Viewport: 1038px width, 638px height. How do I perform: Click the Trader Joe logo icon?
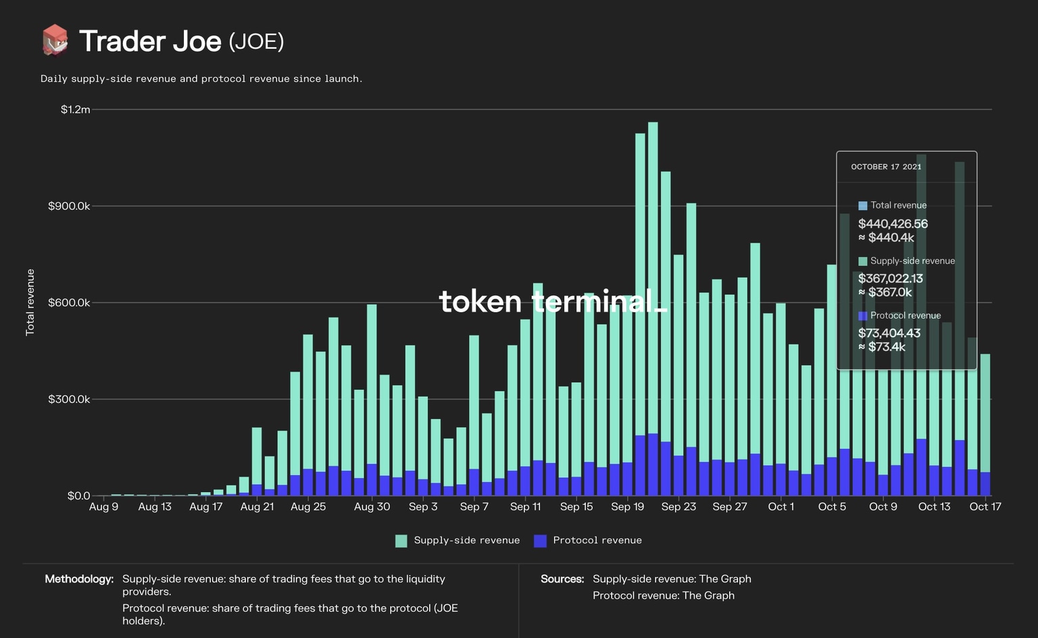coord(55,41)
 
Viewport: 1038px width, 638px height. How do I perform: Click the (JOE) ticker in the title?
coord(256,41)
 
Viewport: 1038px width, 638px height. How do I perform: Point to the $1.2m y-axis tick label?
coord(75,109)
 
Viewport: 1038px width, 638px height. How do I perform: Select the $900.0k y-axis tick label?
coord(69,206)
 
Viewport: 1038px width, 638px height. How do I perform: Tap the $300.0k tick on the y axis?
coord(69,399)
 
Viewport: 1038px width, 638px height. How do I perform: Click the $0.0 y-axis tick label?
coord(78,496)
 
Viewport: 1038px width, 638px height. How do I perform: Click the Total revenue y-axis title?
coord(30,302)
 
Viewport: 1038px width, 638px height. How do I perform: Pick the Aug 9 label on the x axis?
coord(103,507)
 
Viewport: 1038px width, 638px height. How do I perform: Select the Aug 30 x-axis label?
coord(372,507)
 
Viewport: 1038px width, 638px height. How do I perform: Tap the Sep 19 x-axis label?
coord(627,507)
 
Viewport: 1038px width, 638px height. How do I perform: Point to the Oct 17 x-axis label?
coord(985,507)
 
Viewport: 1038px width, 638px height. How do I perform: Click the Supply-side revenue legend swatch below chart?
coord(401,541)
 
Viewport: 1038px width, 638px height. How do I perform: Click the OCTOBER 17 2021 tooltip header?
coord(886,167)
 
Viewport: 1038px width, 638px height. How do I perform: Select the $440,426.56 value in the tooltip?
coord(893,224)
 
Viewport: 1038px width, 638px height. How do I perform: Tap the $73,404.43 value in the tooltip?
coord(889,333)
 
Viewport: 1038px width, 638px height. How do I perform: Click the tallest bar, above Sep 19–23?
coord(653,270)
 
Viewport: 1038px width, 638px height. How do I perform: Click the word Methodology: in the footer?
coord(79,579)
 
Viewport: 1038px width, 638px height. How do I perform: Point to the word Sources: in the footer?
coord(562,579)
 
